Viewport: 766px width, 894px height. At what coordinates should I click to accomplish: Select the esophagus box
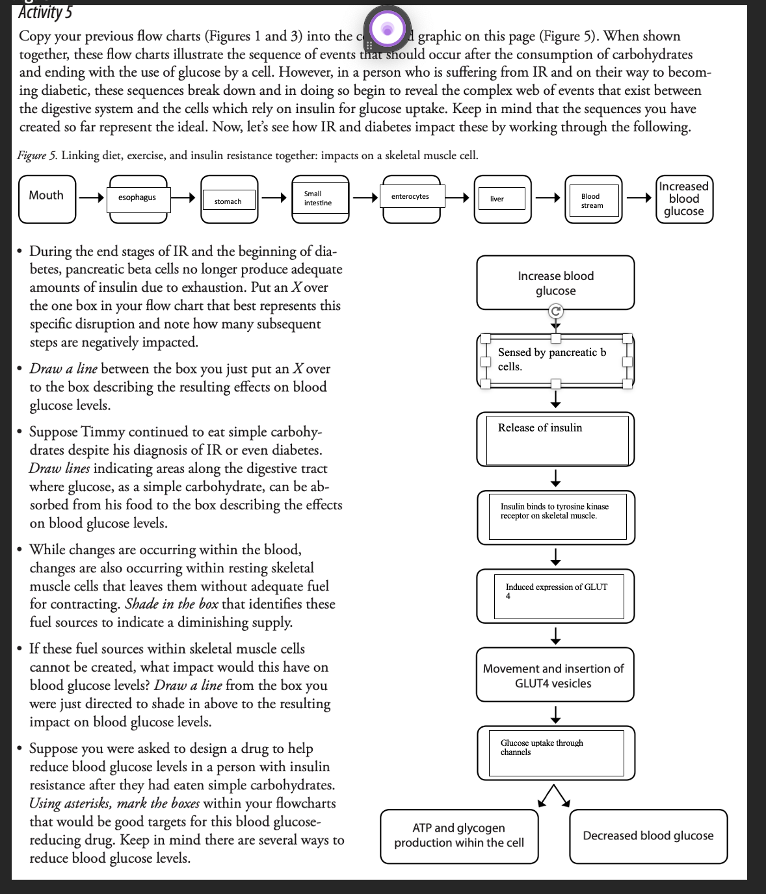pyautogui.click(x=137, y=198)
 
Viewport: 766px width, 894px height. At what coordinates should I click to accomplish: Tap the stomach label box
pyautogui.click(x=228, y=201)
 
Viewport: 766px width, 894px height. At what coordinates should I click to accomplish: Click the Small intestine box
pyautogui.click(x=317, y=198)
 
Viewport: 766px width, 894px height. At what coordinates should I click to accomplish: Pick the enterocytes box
pyautogui.click(x=410, y=197)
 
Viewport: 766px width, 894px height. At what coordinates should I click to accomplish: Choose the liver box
pyautogui.click(x=497, y=199)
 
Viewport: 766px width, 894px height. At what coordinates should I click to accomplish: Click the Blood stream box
pyautogui.click(x=592, y=201)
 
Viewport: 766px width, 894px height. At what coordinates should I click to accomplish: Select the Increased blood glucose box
pyautogui.click(x=683, y=199)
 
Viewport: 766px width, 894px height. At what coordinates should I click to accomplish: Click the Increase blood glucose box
pyautogui.click(x=555, y=283)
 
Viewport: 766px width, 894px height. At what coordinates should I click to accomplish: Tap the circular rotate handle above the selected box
pyautogui.click(x=555, y=311)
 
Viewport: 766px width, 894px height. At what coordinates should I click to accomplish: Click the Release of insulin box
pyautogui.click(x=555, y=439)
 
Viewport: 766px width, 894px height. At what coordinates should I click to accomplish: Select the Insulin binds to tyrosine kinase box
pyautogui.click(x=555, y=517)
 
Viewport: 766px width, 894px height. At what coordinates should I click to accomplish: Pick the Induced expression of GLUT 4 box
pyautogui.click(x=555, y=595)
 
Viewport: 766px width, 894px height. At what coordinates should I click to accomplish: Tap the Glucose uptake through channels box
pyautogui.click(x=555, y=753)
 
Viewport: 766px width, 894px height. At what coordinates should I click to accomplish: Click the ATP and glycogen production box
pyautogui.click(x=459, y=836)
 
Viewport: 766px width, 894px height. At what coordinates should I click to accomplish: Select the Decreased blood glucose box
pyautogui.click(x=648, y=836)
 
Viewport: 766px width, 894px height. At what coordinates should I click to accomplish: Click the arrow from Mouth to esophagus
pyautogui.click(x=91, y=198)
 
